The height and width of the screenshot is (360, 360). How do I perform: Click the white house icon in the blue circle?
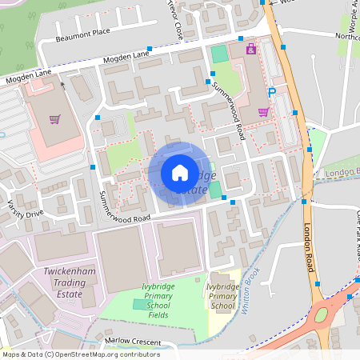coord(180,172)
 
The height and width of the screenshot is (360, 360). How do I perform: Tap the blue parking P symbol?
coord(272,93)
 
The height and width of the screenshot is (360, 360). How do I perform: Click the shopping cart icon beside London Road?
coord(263,111)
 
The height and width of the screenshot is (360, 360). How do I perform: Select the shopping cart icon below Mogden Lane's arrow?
coord(55,120)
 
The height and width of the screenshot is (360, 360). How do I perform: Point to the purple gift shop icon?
coord(251,50)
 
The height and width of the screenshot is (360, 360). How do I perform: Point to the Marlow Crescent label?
coord(133,342)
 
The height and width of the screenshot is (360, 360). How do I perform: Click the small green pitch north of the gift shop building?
coord(218,54)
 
